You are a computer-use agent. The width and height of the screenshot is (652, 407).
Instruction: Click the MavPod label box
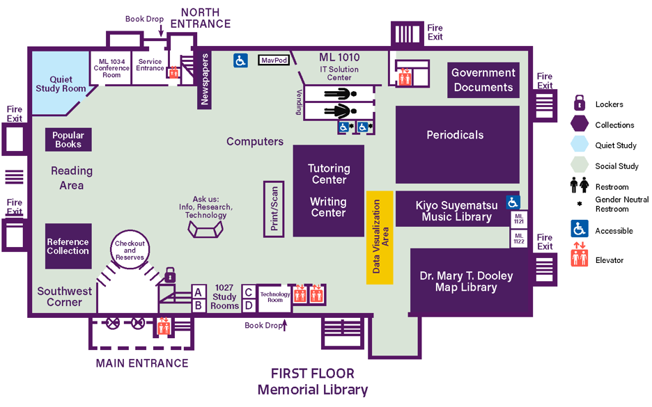[x=274, y=61]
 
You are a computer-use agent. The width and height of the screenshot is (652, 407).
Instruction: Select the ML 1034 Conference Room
[x=111, y=67]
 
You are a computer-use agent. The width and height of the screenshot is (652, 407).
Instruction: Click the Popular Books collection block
[x=68, y=140]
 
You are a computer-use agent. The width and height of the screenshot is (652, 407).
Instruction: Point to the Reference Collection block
[x=68, y=246]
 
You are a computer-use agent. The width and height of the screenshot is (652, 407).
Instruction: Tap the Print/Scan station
[x=274, y=207]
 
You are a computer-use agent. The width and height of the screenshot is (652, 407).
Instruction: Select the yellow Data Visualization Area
[x=380, y=237]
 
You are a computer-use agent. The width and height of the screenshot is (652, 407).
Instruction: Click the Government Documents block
[x=483, y=80]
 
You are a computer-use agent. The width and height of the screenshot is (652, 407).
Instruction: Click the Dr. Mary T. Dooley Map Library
[x=467, y=281]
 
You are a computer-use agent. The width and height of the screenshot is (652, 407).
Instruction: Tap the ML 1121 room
[x=519, y=219]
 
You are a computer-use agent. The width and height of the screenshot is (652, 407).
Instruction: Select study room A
[x=199, y=292]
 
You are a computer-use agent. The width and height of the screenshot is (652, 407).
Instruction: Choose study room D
[x=249, y=305]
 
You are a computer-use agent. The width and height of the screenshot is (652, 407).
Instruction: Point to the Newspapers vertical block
[x=205, y=81]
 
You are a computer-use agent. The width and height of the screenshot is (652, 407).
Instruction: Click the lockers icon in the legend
[x=579, y=104]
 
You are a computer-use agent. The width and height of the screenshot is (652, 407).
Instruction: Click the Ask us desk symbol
[x=205, y=229]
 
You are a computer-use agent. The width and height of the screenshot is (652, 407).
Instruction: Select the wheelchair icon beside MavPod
[x=240, y=61]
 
